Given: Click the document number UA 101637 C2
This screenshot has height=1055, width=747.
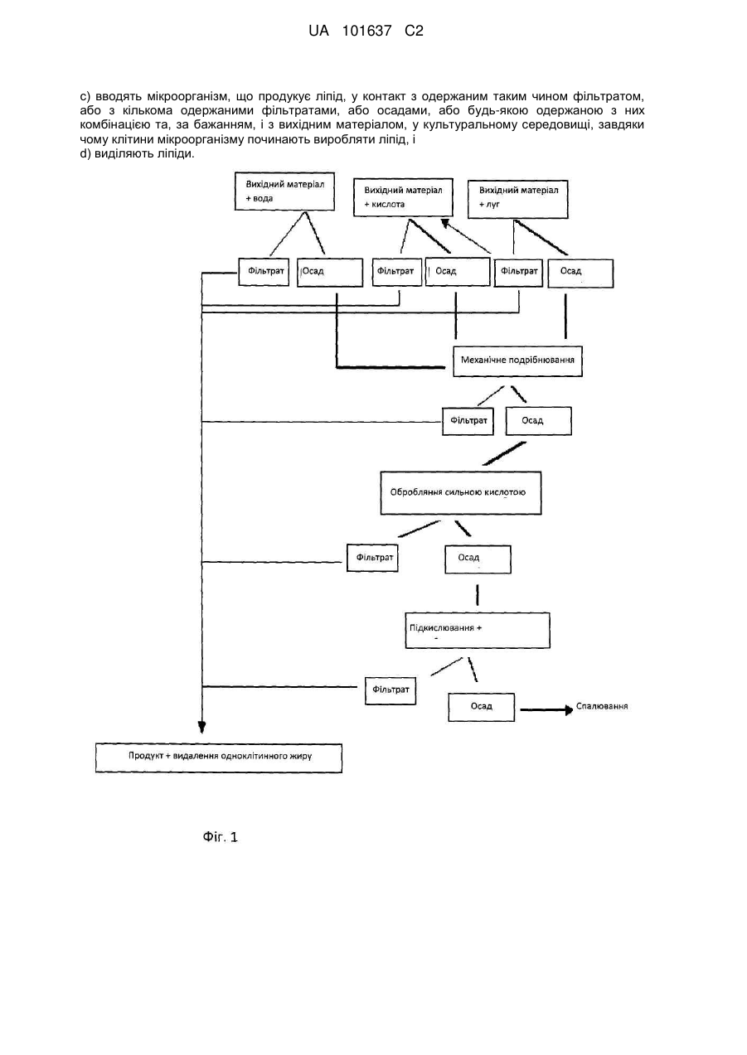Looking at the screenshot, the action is pyautogui.click(x=366, y=31).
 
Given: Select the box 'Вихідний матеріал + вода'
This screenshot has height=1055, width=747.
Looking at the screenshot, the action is pyautogui.click(x=284, y=191).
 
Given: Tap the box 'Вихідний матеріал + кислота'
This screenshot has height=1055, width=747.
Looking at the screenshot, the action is pyautogui.click(x=403, y=197).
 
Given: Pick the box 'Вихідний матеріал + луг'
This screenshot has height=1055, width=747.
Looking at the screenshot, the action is pyautogui.click(x=517, y=199).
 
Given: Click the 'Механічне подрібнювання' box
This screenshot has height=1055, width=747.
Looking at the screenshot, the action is pyautogui.click(x=517, y=361).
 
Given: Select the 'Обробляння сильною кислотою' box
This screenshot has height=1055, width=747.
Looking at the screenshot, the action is pyautogui.click(x=461, y=493).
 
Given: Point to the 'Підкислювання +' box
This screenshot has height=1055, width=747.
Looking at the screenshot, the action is pyautogui.click(x=478, y=631).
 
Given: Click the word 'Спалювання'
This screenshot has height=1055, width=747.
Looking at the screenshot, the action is pyautogui.click(x=602, y=706).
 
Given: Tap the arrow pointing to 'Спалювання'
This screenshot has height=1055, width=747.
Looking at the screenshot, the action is pyautogui.click(x=546, y=709).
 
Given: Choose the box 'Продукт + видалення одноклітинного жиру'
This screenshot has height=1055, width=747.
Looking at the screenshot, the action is pyautogui.click(x=219, y=758).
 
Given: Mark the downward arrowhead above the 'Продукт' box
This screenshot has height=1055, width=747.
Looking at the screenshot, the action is pyautogui.click(x=201, y=727).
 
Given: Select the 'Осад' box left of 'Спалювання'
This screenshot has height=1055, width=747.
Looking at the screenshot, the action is pyautogui.click(x=481, y=707).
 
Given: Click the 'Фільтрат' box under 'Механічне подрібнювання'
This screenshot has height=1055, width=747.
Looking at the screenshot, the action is pyautogui.click(x=468, y=421).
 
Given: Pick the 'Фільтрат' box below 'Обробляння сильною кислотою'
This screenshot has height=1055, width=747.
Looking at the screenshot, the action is pyautogui.click(x=372, y=558).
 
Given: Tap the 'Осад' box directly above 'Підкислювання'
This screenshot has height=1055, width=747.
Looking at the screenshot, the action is pyautogui.click(x=478, y=559).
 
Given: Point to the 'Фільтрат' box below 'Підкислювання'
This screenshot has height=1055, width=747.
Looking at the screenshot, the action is pyautogui.click(x=390, y=690).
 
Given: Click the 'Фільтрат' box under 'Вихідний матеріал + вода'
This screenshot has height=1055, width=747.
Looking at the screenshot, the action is pyautogui.click(x=264, y=272).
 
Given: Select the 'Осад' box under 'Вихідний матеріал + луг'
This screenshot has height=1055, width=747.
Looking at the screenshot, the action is pyautogui.click(x=580, y=273).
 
